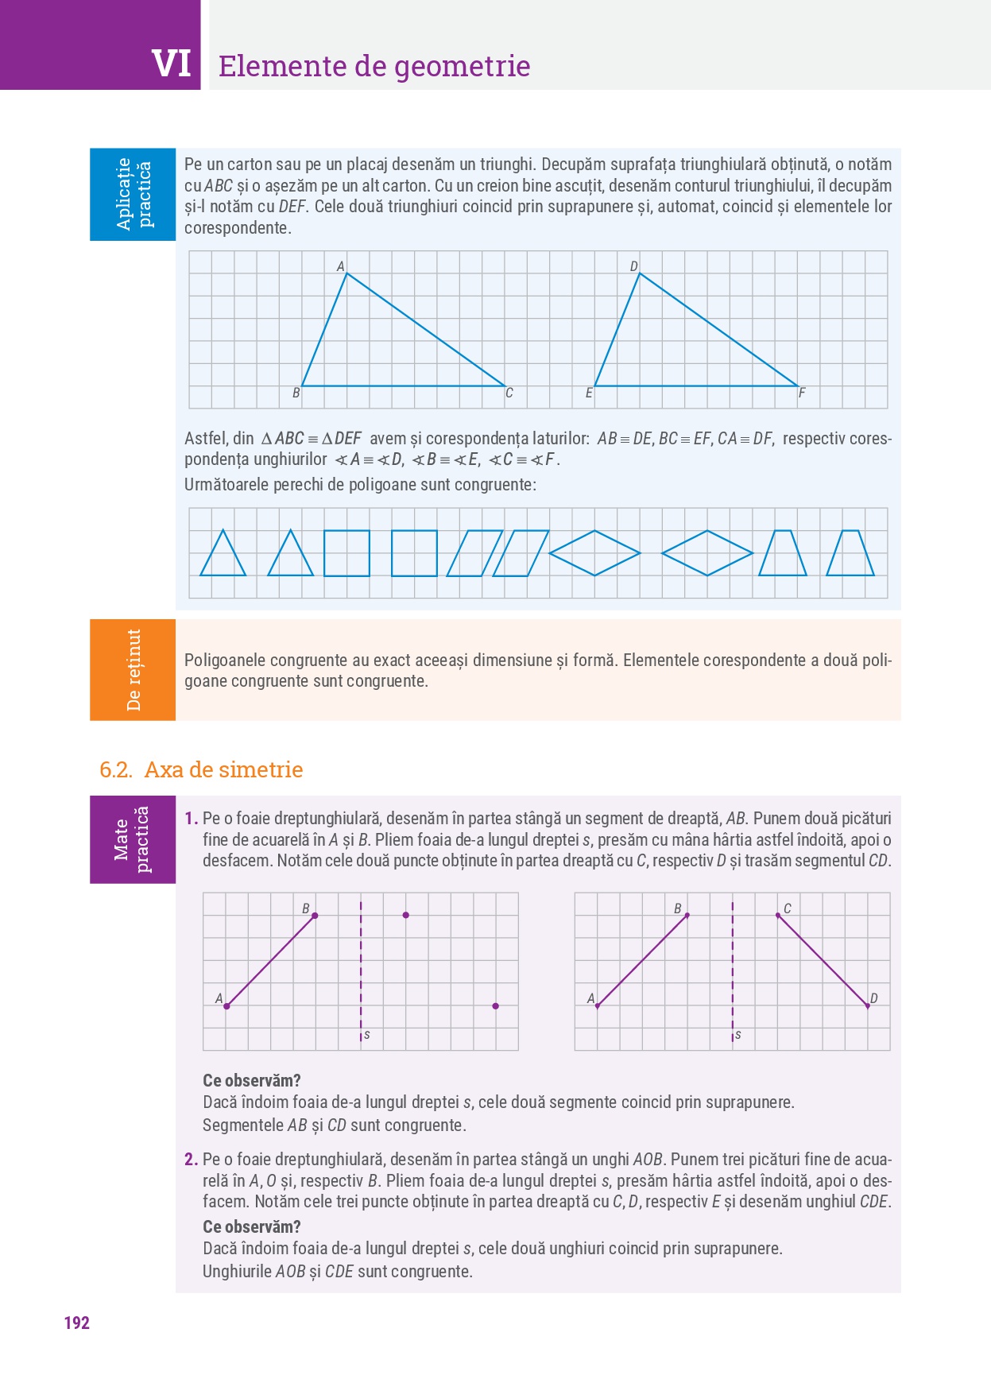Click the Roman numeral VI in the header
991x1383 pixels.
(172, 64)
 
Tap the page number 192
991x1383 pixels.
(76, 1323)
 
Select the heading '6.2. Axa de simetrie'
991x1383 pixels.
(201, 769)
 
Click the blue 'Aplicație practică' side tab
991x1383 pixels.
(133, 194)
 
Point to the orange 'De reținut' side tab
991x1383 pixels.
(133, 669)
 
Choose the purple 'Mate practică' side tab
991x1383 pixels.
(133, 839)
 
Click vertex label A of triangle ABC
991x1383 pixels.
(341, 266)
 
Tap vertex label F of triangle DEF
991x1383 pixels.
(802, 393)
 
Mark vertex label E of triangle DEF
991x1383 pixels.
(589, 393)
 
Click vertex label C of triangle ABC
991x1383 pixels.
(509, 393)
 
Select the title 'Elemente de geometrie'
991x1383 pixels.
(374, 66)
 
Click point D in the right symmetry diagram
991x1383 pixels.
(868, 1005)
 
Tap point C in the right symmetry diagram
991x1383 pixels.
(778, 916)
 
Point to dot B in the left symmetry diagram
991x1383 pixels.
(315, 916)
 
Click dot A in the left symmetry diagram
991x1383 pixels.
(226, 1006)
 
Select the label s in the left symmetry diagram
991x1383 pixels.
(366, 1035)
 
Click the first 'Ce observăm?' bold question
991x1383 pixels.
(252, 1080)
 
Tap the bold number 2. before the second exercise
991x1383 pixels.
(191, 1159)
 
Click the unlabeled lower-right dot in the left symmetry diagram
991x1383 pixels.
(495, 1006)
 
